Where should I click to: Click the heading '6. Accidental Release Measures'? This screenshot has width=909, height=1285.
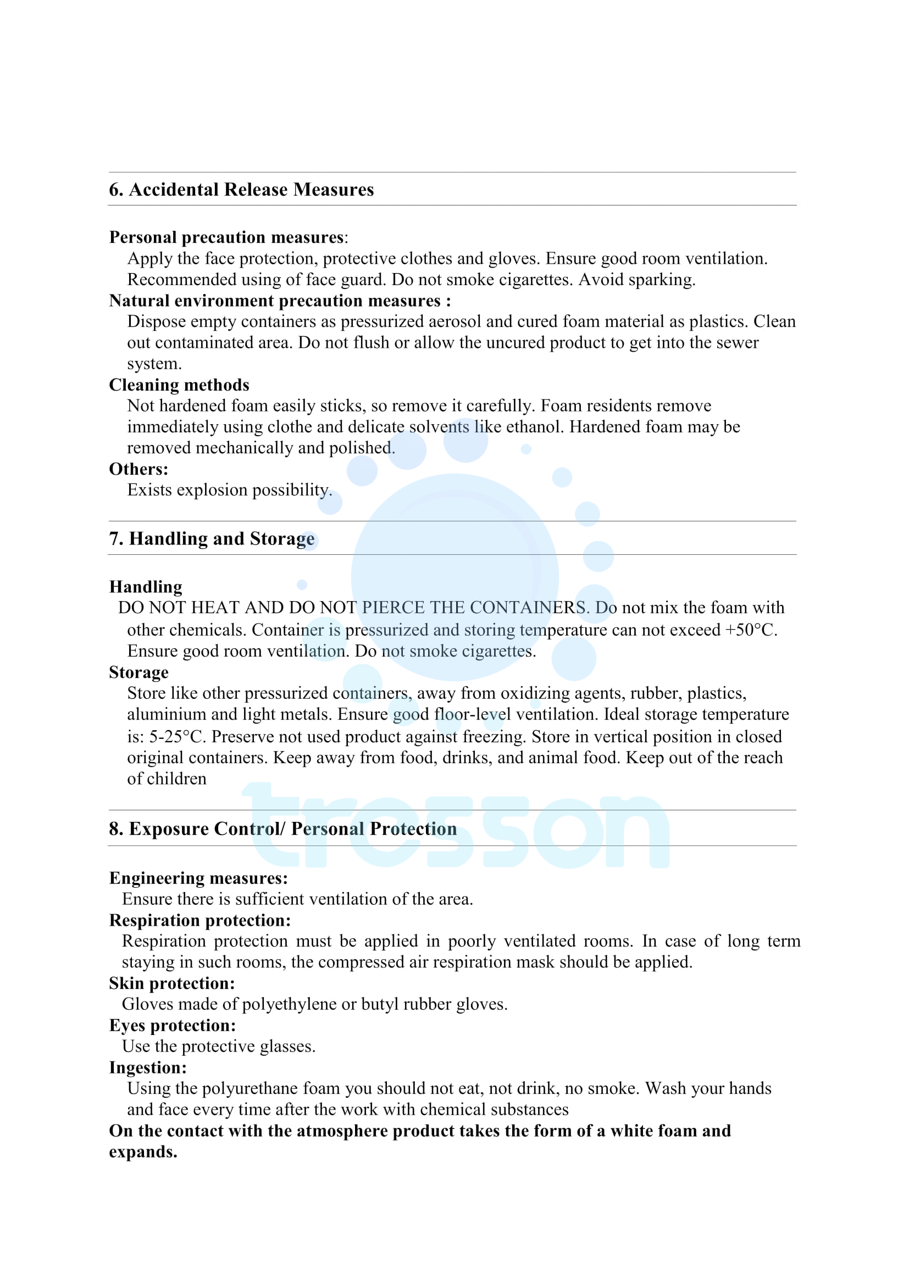click(241, 190)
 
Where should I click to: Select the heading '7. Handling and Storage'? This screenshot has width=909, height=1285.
click(212, 538)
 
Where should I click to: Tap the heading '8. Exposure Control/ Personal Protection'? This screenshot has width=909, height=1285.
click(282, 828)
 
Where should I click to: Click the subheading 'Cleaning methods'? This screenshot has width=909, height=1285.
click(179, 385)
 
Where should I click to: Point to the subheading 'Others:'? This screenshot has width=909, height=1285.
click(138, 469)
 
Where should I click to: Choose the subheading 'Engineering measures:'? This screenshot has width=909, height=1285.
click(198, 878)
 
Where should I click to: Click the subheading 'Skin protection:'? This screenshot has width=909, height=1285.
click(172, 983)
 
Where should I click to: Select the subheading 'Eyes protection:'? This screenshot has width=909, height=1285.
click(173, 1025)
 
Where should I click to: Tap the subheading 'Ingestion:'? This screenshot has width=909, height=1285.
click(148, 1067)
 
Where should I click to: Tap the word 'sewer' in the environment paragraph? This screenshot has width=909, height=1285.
click(735, 342)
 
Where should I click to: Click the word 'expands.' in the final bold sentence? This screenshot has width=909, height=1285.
click(143, 1152)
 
